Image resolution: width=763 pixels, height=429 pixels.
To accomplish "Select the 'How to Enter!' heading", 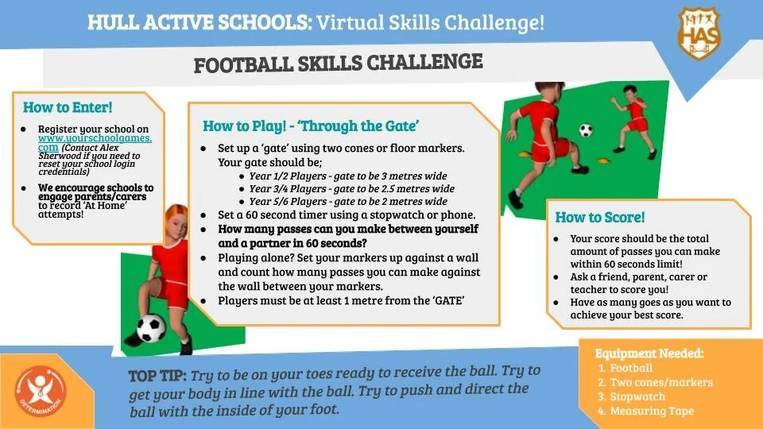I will (68, 107).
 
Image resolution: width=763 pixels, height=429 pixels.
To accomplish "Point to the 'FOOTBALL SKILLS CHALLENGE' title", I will (338, 63).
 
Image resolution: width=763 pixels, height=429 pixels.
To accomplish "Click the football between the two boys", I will (586, 129).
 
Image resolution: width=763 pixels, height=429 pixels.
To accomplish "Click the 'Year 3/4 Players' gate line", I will (351, 189).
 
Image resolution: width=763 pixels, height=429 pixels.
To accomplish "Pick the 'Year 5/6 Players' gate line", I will (347, 202).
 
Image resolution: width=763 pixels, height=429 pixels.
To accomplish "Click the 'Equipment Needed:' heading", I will (649, 353).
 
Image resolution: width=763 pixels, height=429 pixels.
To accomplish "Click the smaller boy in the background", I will (633, 112).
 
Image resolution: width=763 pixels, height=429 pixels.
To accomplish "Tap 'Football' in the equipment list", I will (632, 368).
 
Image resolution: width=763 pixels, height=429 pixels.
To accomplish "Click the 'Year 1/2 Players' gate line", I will (348, 176).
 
